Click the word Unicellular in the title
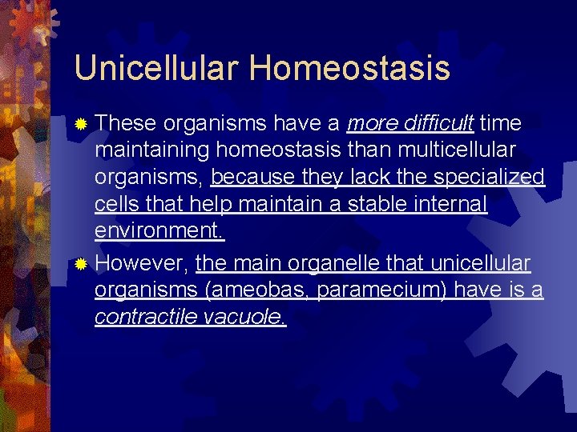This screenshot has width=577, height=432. (x=155, y=68)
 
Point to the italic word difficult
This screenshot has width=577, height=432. (x=438, y=123)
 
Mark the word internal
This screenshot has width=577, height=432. (x=453, y=205)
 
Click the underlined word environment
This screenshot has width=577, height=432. (x=159, y=232)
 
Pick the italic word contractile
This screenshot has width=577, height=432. (x=146, y=317)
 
